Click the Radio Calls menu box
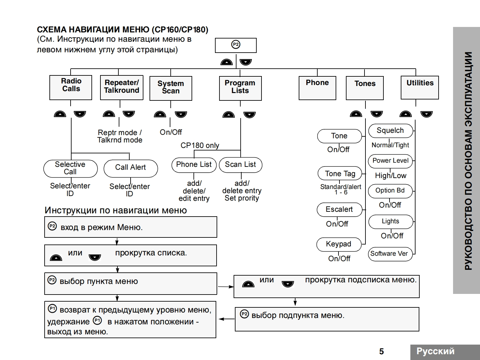71,87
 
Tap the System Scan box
171,88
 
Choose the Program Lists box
240,88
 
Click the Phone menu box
317,88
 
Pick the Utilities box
420,87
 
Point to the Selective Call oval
70,168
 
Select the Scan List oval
240,165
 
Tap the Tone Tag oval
340,174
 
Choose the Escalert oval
339,210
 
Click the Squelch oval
390,131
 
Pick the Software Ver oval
390,254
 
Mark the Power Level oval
390,161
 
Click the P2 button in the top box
236,45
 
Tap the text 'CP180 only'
200,145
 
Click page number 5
381,351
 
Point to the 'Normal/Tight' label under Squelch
390,145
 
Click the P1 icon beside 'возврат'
52,309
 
